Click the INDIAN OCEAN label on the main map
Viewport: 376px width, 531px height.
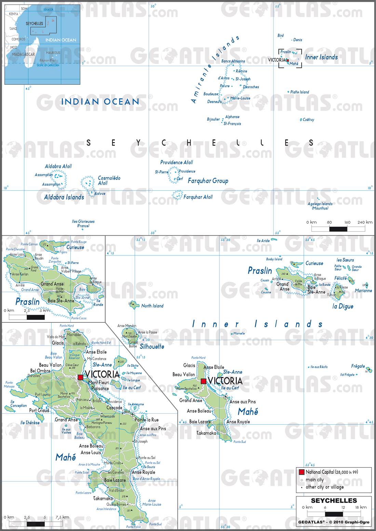(100, 101)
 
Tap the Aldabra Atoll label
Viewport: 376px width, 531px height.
(58, 167)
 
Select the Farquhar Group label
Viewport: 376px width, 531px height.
(208, 181)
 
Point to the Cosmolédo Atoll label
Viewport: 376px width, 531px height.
(109, 181)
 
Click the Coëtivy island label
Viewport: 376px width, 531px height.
(308, 120)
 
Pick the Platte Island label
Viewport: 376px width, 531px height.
(299, 92)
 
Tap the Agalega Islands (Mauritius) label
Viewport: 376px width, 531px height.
(320, 206)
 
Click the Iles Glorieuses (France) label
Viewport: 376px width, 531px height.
(83, 224)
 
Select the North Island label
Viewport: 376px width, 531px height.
(152, 306)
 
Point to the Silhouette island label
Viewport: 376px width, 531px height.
(152, 346)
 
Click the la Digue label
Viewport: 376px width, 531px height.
(343, 306)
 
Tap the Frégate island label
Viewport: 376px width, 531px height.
(358, 366)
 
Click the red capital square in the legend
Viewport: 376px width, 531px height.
(301, 472)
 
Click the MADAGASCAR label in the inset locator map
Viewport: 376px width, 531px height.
(23, 54)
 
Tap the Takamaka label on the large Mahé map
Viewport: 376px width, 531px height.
(103, 499)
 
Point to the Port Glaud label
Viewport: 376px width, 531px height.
(39, 410)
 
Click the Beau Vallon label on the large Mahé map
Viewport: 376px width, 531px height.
(50, 365)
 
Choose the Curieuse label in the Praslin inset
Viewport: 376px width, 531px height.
(75, 247)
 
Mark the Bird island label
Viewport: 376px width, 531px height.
(281, 36)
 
